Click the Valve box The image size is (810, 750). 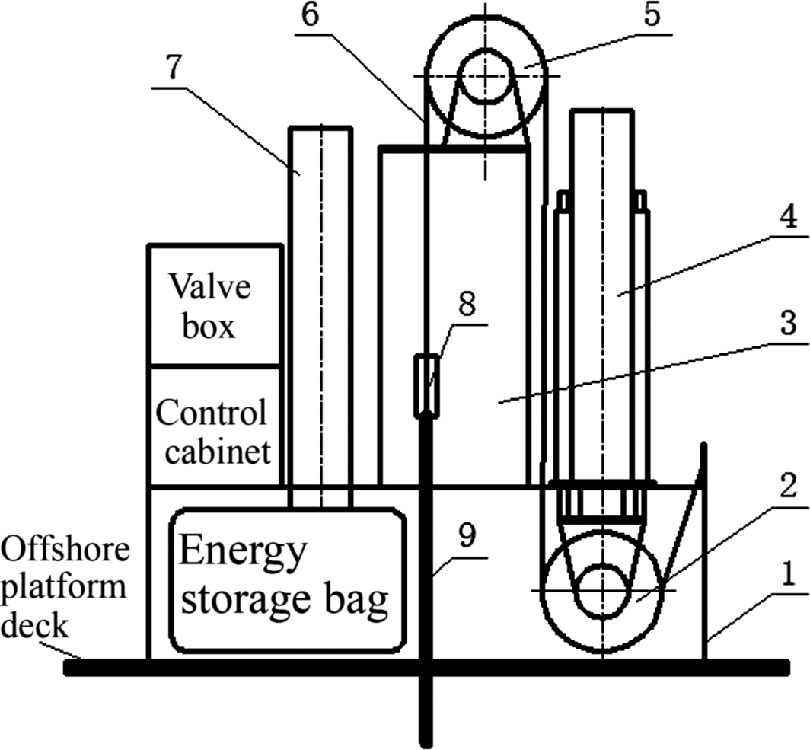(x=213, y=305)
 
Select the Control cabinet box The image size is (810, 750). (x=213, y=427)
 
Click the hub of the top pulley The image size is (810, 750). (x=486, y=75)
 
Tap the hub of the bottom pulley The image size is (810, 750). (x=602, y=590)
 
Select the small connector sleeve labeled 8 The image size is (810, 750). (x=426, y=385)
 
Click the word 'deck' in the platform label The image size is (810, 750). (x=36, y=626)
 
